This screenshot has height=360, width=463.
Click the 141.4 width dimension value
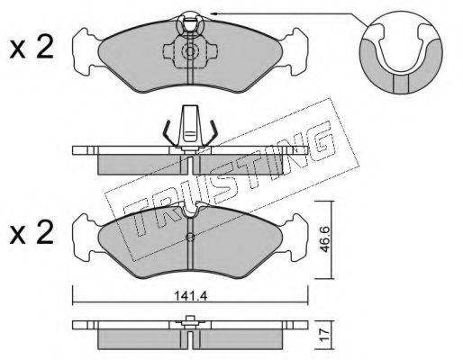(191, 297)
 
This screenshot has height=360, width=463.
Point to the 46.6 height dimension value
(325, 239)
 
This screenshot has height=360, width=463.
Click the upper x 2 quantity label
(32, 47)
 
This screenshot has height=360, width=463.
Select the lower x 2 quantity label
(32, 232)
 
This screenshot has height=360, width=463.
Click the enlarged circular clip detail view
(401, 53)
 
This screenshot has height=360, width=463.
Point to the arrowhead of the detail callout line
(213, 13)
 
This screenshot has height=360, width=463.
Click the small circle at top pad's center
(190, 51)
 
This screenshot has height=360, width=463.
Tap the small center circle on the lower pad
(190, 238)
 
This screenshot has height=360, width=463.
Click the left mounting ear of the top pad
(86, 51)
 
